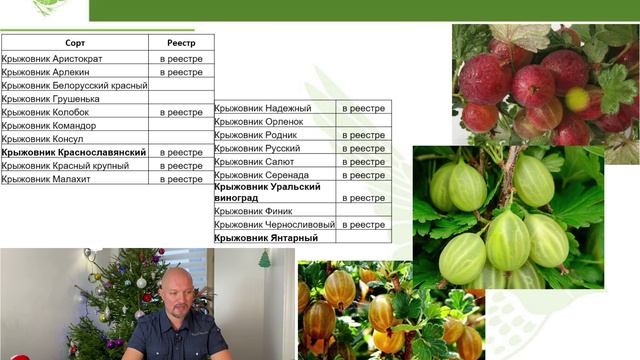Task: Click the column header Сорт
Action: (x=75, y=43)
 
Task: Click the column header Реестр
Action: (x=181, y=43)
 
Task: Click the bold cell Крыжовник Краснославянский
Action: (x=74, y=152)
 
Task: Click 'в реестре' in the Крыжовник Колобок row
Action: (x=181, y=113)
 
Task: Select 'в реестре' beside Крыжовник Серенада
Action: (x=363, y=174)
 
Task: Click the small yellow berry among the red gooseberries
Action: (x=577, y=98)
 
